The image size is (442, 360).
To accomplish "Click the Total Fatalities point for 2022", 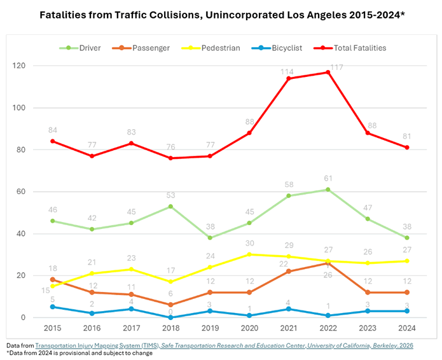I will click(x=328, y=72).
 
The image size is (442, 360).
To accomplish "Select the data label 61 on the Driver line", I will click(x=328, y=180).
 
